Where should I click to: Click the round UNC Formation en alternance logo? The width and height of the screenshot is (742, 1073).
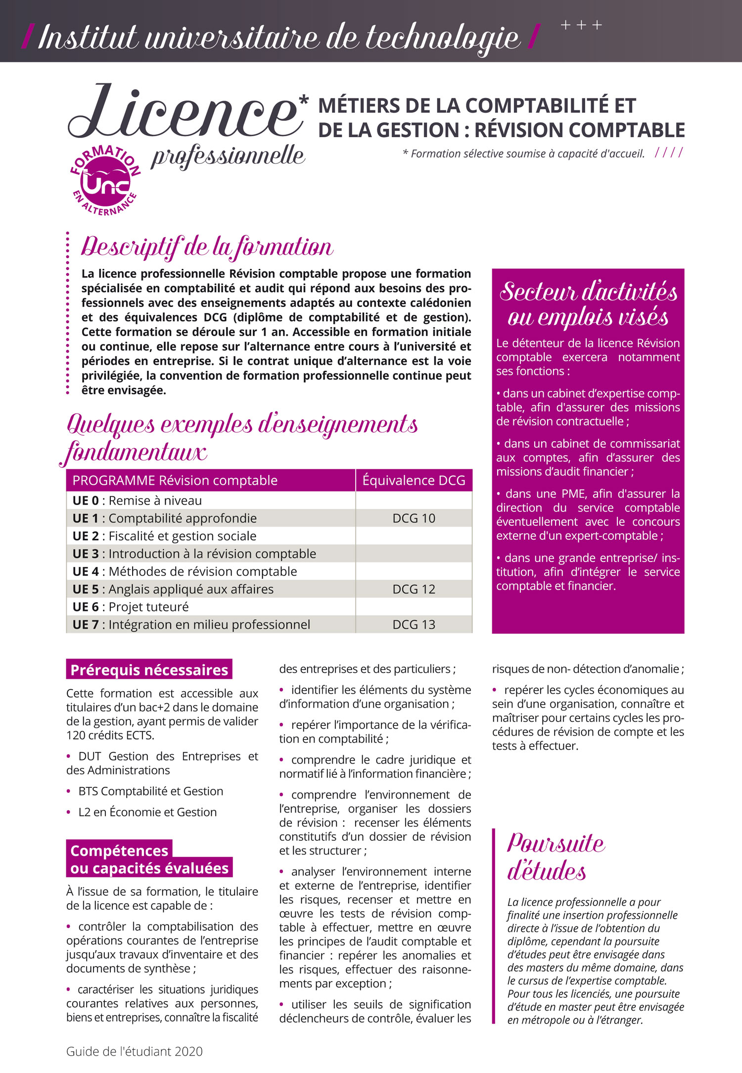105,181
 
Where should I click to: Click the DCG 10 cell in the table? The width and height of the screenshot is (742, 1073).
414,518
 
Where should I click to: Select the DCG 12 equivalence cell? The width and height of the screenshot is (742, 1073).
414,589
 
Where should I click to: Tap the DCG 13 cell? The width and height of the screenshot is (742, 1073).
414,624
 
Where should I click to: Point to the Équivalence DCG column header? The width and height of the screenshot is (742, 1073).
414,480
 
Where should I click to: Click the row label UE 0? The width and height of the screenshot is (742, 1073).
86,501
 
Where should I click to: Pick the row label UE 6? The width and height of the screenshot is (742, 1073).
86,607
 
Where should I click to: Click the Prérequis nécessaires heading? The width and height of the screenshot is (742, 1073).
149,670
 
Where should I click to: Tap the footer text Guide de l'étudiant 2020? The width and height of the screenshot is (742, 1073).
135,1051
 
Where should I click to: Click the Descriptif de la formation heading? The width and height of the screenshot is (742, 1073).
207,247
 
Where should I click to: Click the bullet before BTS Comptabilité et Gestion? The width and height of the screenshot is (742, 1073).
69,791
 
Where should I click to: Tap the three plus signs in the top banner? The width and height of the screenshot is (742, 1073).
581,25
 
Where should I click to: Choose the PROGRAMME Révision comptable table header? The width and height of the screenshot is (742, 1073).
175,480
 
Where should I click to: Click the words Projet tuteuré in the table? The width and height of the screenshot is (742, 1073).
148,607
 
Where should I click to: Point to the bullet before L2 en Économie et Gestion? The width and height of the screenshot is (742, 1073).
69,812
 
